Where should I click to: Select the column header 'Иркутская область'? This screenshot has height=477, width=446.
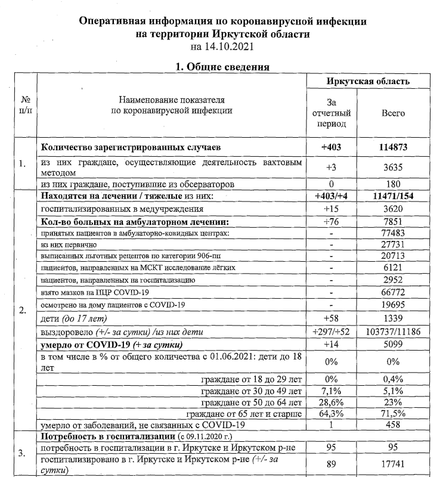[x=368, y=82]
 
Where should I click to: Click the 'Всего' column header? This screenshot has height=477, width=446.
[x=393, y=113]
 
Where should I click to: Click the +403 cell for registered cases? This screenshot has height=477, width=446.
[x=332, y=147]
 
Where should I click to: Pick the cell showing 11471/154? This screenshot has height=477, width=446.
[x=393, y=196]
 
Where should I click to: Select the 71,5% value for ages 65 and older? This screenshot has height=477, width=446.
[x=393, y=413]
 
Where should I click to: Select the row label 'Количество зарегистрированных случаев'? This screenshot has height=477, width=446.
[x=131, y=147]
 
